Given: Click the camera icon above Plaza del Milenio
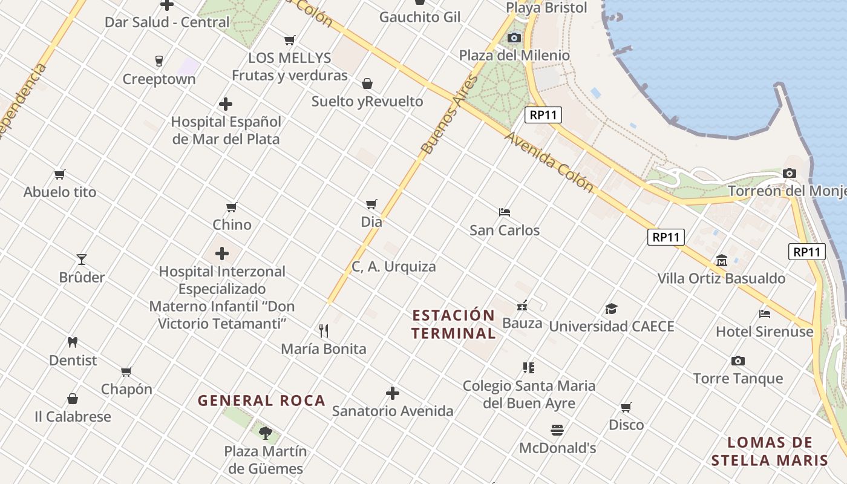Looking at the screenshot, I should click(514, 38).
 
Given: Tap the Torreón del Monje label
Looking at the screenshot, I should click(786, 191).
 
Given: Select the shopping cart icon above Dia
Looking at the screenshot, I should click(371, 204).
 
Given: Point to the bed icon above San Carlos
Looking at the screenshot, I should click(505, 212).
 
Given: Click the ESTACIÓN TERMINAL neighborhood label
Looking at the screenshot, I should click(454, 324).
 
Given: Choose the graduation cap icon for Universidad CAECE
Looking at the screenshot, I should click(611, 309).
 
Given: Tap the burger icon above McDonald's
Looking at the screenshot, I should click(557, 430).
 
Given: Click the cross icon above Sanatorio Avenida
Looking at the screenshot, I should click(393, 394).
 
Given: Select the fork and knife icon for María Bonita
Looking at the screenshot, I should click(324, 331).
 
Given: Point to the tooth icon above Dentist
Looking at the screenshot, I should click(73, 342).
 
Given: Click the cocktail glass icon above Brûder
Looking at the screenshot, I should click(82, 260).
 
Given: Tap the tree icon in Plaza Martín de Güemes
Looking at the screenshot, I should click(265, 433).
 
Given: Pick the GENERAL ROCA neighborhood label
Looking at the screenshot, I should click(261, 401).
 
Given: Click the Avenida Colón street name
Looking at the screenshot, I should click(549, 162).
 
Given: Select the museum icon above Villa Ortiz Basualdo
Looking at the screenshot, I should click(721, 261).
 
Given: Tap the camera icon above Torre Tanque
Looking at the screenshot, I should click(738, 361).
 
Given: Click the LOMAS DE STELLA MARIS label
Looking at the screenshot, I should click(770, 451).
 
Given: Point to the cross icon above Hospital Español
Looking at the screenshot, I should click(226, 104).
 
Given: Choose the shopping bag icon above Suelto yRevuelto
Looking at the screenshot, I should click(367, 83).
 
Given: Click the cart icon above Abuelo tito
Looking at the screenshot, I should click(59, 175).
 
